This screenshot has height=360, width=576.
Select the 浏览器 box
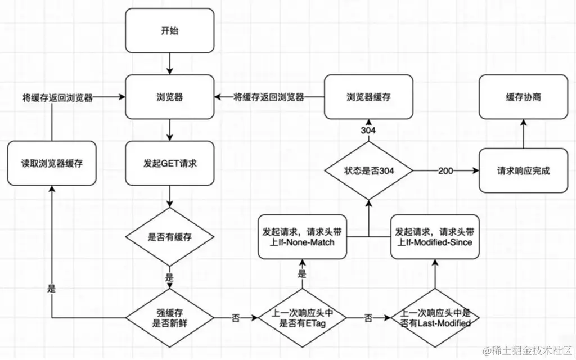[169, 97]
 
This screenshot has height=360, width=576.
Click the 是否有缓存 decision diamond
[169, 237]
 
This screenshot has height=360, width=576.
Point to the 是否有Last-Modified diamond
[435, 318]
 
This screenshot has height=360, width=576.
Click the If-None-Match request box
[302, 237]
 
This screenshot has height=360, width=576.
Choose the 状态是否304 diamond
[368, 170]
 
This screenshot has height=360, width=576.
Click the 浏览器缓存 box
[368, 97]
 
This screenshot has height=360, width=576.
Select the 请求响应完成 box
[523, 170]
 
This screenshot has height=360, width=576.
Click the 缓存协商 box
[523, 97]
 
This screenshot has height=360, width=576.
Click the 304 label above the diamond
[368, 130]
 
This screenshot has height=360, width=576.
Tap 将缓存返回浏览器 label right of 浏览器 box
[269, 97]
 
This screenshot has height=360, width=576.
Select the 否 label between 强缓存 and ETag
[235, 318]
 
